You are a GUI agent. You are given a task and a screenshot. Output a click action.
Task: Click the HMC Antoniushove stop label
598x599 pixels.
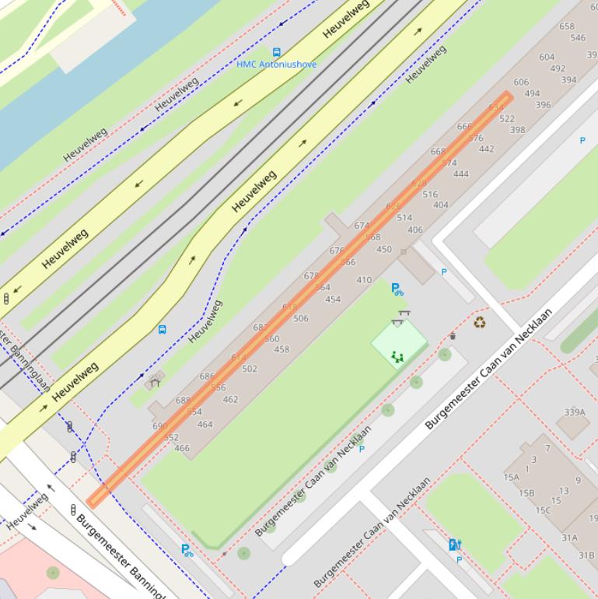(x=277, y=65)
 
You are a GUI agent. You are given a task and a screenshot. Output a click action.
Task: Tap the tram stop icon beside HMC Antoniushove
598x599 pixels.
(x=277, y=53)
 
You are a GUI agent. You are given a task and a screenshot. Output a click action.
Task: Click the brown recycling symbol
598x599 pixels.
(x=480, y=322)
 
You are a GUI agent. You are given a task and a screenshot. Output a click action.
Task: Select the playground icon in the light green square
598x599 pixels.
(x=397, y=357)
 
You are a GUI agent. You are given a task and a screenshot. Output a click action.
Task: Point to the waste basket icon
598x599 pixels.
(x=453, y=336)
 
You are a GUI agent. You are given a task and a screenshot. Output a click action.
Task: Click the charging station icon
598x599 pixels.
(x=455, y=545)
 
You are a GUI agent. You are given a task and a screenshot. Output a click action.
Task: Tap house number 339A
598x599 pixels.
(x=574, y=412)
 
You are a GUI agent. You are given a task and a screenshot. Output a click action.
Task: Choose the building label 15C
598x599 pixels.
(x=542, y=510)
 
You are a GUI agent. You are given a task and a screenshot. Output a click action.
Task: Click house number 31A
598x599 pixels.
(x=569, y=538)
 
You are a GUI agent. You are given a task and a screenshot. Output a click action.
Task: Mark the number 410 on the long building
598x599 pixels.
(x=364, y=280)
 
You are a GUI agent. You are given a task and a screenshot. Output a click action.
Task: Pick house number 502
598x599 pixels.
(x=250, y=369)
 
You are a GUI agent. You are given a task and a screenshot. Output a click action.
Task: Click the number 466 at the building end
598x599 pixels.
(x=182, y=448)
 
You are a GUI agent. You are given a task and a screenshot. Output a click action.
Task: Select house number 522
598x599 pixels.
(x=507, y=119)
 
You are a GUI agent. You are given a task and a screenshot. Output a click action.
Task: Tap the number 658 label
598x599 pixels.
(x=567, y=26)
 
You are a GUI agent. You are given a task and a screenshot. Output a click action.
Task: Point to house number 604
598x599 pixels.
(x=547, y=57)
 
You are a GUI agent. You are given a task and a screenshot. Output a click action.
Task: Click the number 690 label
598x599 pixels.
(x=159, y=426)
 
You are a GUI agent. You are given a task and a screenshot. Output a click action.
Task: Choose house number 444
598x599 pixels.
(x=461, y=174)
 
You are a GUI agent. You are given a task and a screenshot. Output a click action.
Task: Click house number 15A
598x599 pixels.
(x=511, y=478)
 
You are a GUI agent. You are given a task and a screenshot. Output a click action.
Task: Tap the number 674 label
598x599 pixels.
(x=362, y=226)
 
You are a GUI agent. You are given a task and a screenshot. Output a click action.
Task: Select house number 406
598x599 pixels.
(x=415, y=229)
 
